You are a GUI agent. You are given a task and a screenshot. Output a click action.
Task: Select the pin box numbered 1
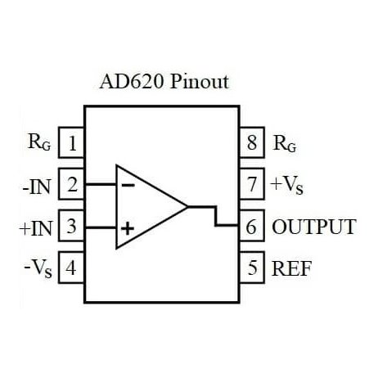74,144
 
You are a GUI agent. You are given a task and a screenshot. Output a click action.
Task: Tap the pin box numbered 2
74,185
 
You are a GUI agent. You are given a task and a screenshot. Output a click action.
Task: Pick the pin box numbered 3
74,227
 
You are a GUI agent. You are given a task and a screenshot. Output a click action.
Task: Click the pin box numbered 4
74,268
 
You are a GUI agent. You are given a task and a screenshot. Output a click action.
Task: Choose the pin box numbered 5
252,268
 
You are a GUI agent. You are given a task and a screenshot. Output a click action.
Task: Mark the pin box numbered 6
252,227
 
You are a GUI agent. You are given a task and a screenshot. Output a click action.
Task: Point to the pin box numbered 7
252,185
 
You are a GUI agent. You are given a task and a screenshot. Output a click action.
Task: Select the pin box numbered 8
252,144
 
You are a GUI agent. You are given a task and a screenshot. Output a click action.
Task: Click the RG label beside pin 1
38,144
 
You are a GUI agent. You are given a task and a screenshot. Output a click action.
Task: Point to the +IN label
34,227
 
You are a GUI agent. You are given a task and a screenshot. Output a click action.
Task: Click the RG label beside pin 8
286,146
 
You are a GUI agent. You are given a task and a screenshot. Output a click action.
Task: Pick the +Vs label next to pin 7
287,186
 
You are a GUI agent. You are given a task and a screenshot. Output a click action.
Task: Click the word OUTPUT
314,227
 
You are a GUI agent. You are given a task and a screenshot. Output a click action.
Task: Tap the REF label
292,268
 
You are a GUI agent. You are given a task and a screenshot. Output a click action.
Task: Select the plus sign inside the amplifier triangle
127,228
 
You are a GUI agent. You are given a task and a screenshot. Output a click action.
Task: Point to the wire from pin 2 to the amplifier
99,185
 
